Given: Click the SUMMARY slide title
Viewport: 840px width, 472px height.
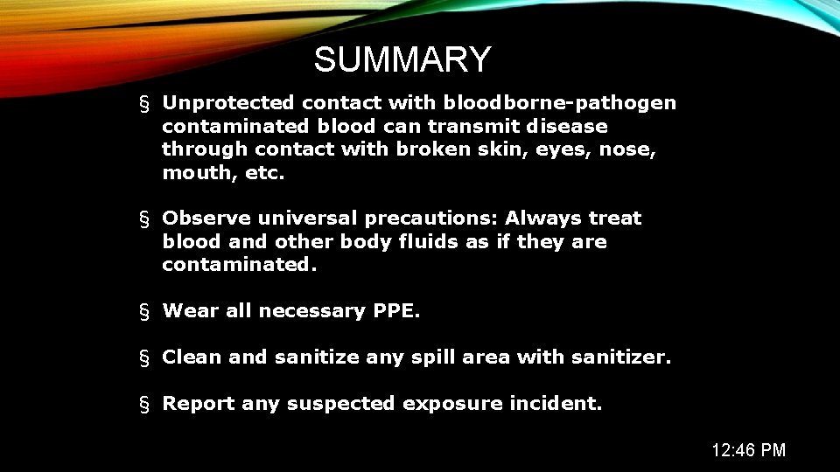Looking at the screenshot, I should click(x=402, y=60).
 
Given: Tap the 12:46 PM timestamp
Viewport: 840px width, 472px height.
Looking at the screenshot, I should click(x=748, y=450).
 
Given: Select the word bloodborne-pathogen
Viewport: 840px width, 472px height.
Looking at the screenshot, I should click(x=560, y=103).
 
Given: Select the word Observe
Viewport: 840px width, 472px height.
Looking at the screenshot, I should click(x=200, y=218).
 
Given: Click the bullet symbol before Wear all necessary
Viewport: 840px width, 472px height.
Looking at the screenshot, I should click(x=144, y=311).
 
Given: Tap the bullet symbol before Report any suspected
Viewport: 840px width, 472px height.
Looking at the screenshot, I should click(x=144, y=404).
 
